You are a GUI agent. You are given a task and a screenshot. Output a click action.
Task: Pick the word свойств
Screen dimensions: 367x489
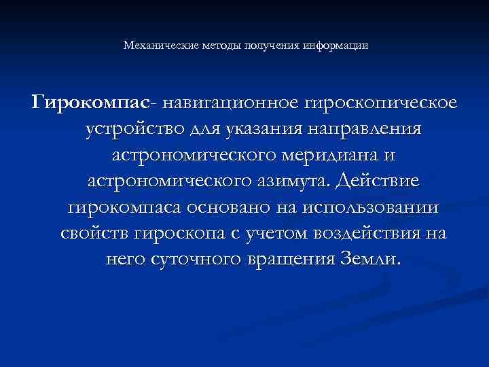[96, 234]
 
